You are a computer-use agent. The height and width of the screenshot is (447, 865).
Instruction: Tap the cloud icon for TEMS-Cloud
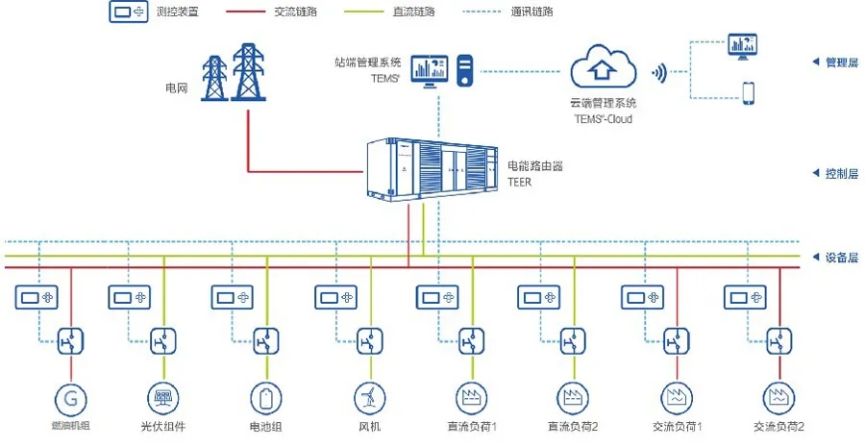coord(604,69)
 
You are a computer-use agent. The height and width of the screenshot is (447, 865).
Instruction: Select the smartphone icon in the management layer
coord(747,93)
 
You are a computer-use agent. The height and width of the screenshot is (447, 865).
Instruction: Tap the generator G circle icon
coord(70,397)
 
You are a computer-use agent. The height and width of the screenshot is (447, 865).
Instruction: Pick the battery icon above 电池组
coord(265,397)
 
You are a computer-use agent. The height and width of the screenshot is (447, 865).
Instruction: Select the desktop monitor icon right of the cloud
coord(742,44)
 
